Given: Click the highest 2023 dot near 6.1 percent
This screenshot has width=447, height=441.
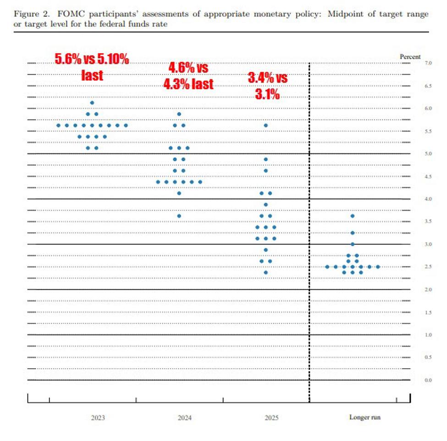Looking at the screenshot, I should click(x=92, y=103).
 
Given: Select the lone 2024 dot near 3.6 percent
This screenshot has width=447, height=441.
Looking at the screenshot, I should click(x=179, y=216).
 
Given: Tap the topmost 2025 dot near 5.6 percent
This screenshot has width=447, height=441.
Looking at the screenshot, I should click(x=265, y=125).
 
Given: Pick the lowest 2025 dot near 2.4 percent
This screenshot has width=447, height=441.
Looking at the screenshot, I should click(x=265, y=272).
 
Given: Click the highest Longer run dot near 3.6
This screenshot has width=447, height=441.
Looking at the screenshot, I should click(x=352, y=216).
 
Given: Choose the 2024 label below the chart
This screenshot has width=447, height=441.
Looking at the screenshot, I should click(x=185, y=418).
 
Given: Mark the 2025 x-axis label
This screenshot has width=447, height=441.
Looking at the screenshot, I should click(x=271, y=418).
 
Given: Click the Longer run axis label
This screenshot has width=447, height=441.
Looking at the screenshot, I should click(x=365, y=418).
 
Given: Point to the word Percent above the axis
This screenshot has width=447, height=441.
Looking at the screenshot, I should click(x=410, y=57).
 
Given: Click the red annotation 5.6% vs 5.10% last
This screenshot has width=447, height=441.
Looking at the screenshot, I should click(x=92, y=67).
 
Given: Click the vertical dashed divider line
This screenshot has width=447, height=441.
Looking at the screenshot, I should click(x=309, y=229).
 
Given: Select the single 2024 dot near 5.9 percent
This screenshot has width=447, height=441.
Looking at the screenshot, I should click(x=179, y=114).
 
